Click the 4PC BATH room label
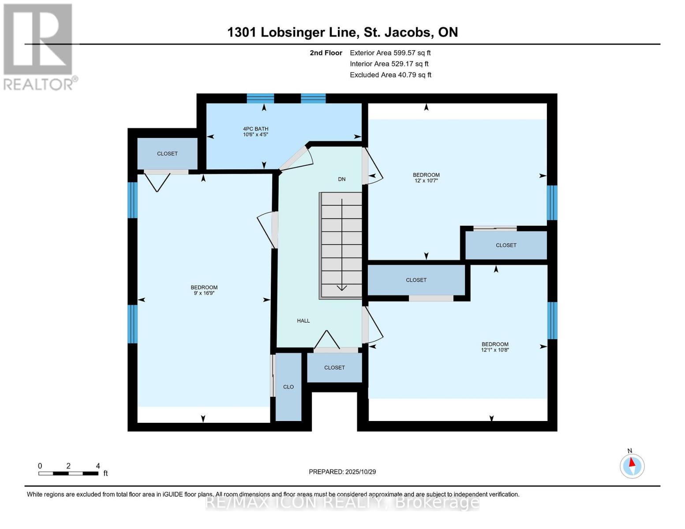[255, 129]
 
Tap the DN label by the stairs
[341, 179]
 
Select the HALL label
[303, 320]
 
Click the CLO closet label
[288, 387]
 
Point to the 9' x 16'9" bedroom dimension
[204, 293]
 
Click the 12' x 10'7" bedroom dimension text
[426, 181]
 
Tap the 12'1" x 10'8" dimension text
[495, 350]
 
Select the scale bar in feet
[68, 473]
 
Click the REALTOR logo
[38, 46]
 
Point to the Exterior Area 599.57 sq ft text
[390, 52]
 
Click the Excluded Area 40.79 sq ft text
[390, 75]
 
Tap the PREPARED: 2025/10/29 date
[342, 472]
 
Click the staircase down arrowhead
[342, 288]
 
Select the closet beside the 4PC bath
[167, 153]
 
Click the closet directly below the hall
[334, 367]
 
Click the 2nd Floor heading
[326, 52]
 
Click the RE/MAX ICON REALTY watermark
[342, 502]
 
